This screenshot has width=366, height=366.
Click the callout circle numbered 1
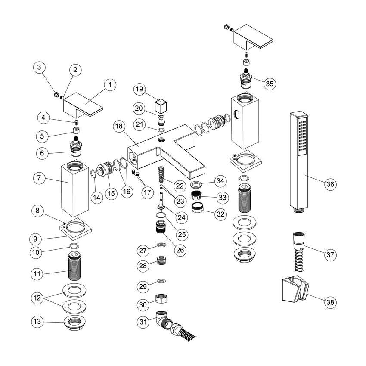pyautogui.click(x=110, y=85)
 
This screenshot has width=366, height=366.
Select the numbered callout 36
pyautogui.click(x=330, y=184)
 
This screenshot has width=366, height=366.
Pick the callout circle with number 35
pyautogui.click(x=269, y=83)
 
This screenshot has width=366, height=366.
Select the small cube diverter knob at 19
pyautogui.click(x=160, y=105)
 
